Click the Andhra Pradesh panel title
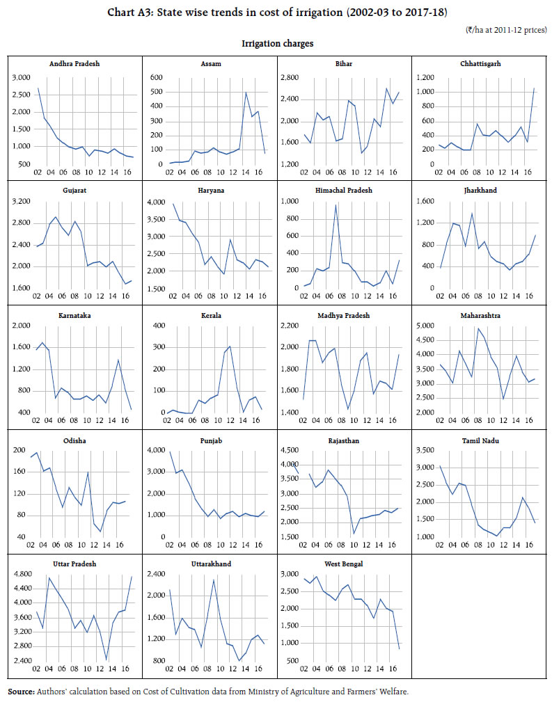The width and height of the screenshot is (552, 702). pos(74,63)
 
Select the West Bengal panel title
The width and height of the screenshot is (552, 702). pos(344,564)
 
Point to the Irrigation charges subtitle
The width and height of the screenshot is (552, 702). pos(277,43)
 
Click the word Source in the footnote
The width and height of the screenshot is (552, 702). pos(21,692)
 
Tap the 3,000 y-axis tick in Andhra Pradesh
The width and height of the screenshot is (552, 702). pos(21,77)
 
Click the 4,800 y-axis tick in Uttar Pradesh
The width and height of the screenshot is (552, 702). pos(21,574)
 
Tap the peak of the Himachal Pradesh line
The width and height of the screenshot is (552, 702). pos(336,205)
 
